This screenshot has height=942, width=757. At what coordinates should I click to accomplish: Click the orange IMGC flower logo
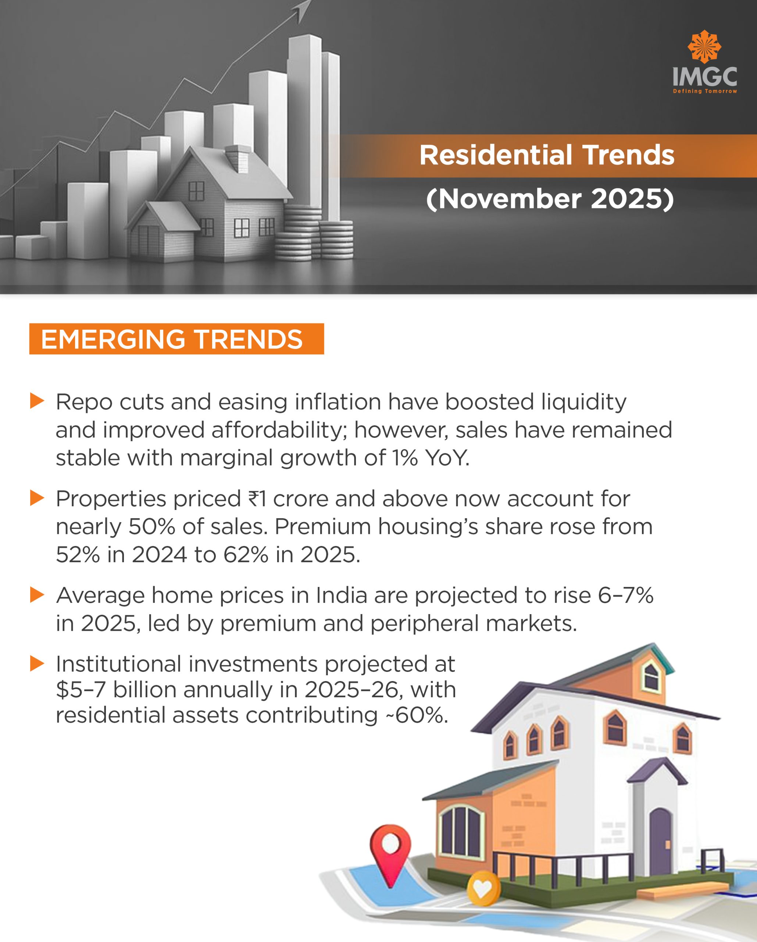[704, 47]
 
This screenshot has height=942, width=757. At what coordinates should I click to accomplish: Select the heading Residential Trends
[547, 155]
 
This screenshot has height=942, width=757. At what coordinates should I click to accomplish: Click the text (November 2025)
[550, 199]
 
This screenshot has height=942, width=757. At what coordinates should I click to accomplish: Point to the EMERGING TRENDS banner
[176, 339]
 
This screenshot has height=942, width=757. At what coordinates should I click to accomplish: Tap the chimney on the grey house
[238, 158]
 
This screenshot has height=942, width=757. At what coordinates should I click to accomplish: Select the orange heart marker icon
[482, 888]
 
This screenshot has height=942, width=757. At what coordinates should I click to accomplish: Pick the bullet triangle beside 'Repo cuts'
[37, 401]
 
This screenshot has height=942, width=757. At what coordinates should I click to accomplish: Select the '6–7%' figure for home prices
[625, 595]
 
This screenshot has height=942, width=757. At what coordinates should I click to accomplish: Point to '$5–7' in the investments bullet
[81, 690]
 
